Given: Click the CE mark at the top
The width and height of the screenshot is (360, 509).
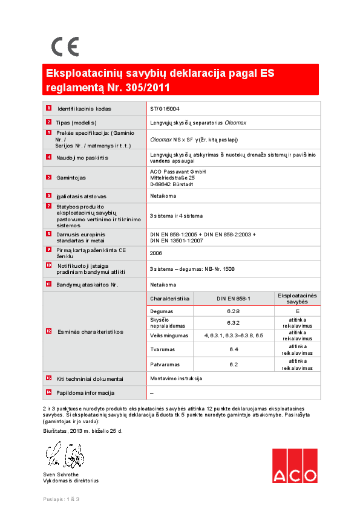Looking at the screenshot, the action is (65, 46).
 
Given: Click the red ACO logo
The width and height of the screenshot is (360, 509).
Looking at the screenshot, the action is (294, 466).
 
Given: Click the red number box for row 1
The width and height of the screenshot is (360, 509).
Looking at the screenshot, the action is (49, 108).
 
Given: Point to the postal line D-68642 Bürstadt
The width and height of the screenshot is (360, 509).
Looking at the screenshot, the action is (172, 184).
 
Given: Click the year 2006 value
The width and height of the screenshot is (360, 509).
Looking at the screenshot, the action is (155, 253).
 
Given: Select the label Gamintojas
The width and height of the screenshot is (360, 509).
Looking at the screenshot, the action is (71, 178).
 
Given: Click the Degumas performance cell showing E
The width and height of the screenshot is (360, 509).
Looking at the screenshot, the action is (297, 311).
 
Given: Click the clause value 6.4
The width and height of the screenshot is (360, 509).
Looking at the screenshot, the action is (234, 349).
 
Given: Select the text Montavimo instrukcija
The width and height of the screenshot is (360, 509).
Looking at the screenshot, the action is (175, 378).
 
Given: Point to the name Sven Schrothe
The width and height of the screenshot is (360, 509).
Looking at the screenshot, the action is (61, 475).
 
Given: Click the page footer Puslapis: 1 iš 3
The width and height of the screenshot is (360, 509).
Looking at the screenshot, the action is (62, 499).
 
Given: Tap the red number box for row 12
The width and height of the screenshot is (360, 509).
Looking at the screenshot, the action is (49, 331).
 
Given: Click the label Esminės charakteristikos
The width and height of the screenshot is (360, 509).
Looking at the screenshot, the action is (90, 332).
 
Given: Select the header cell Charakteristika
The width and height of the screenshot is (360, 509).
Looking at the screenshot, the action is (170, 299).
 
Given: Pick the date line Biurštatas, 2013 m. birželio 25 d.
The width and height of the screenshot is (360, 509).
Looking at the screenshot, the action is (83, 431).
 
